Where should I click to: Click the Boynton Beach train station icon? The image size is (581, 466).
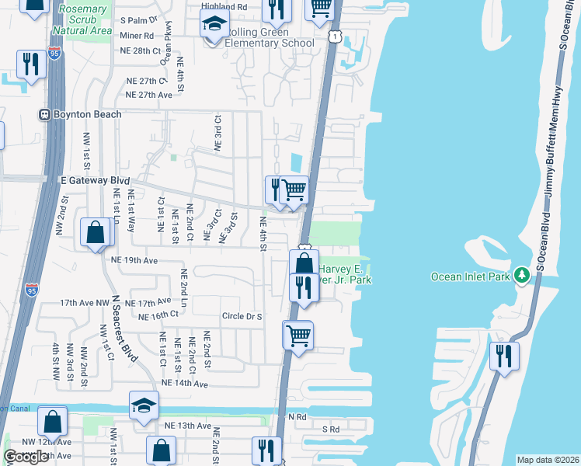(46, 114)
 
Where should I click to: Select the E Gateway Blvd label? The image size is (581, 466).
(94, 179)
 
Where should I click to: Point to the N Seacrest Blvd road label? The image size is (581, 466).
(124, 329)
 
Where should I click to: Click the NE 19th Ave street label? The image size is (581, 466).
(134, 260)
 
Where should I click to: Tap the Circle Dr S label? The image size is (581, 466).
(242, 316)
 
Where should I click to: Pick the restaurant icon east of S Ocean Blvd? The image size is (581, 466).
(503, 356)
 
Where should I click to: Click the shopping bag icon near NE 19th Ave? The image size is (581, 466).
(95, 232)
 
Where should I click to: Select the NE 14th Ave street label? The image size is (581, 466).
(185, 384)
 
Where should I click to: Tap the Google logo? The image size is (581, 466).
(26, 456)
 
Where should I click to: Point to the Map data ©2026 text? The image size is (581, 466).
(548, 460)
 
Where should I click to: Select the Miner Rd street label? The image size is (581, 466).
(137, 36)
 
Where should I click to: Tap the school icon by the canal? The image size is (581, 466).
(144, 406)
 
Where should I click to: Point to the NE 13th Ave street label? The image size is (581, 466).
(188, 426)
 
